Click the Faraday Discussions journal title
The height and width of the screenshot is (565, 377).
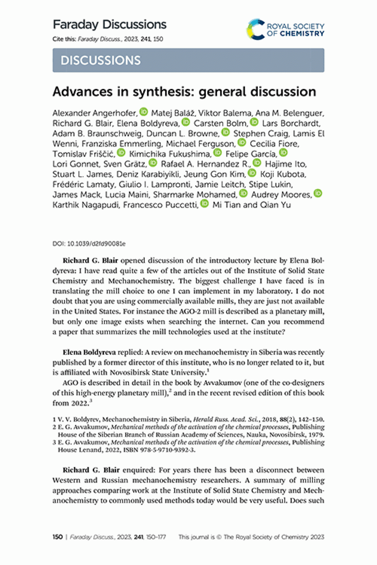(110, 25)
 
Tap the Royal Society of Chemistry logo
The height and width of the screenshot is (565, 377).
(285, 29)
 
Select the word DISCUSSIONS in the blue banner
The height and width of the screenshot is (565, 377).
(101, 60)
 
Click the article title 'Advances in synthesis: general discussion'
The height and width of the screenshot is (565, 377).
(184, 92)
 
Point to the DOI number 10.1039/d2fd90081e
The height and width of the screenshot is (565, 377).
(96, 244)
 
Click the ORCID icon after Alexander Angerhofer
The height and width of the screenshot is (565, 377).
(144, 112)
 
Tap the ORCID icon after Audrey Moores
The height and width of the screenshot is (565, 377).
(318, 193)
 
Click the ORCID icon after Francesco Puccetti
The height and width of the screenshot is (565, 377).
(204, 203)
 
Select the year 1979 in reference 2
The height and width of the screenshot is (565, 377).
(317, 435)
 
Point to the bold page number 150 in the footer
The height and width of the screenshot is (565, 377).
(57, 537)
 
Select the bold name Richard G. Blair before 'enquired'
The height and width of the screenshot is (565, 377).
(91, 470)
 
